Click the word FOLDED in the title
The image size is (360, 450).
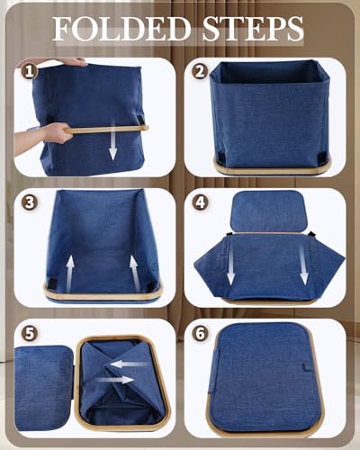point(122,29)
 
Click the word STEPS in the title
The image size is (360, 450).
point(253,29)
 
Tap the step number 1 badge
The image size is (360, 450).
point(29,72)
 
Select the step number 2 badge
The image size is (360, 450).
point(200,72)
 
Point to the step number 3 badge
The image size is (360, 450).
point(30,202)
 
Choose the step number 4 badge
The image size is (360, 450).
point(200,202)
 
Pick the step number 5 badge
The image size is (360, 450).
point(30,333)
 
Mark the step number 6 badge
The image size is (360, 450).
point(200,333)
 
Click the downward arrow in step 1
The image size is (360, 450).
point(112,140)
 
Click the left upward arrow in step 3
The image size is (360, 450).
point(70,274)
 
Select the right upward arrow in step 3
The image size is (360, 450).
point(134,274)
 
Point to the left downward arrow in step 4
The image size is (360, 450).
point(230,264)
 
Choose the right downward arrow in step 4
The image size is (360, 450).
point(303,264)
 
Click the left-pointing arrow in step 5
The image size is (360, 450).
point(129,364)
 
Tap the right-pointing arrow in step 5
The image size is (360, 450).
point(114,380)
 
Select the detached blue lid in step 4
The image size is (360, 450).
point(269,211)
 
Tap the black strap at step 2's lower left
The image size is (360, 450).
point(221,157)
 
